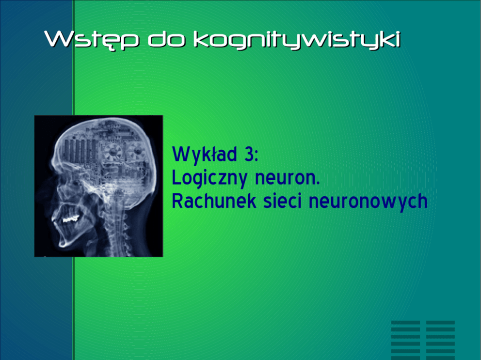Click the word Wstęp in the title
(92, 40)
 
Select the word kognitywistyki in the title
(297, 40)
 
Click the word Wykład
(205, 155)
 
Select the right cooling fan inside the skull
(136, 151)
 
